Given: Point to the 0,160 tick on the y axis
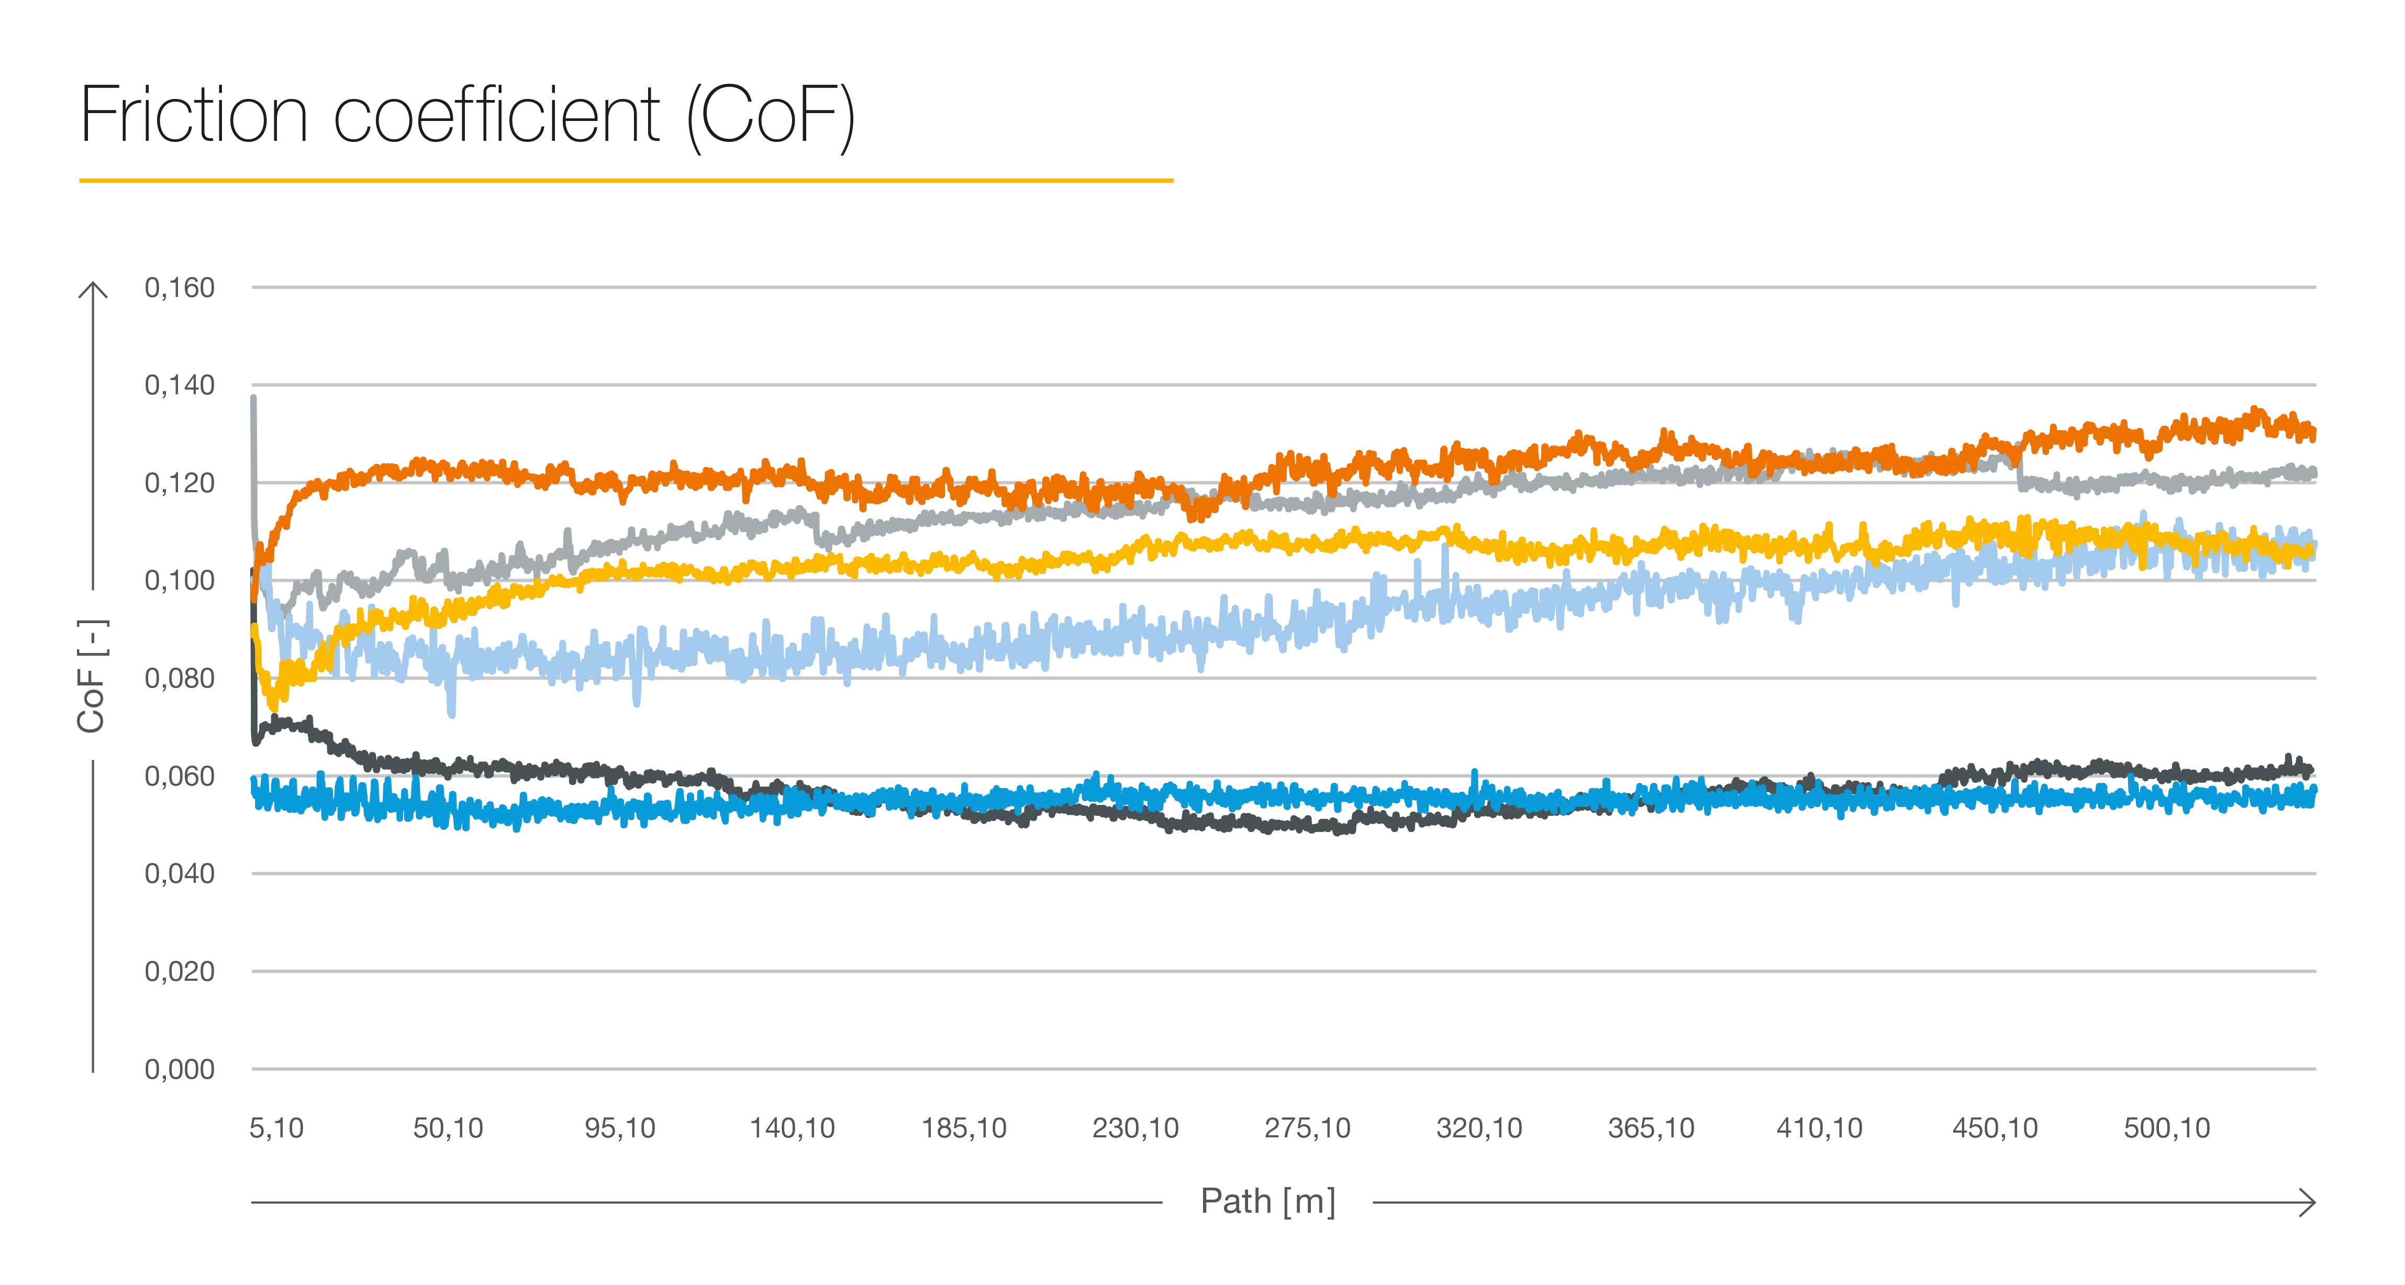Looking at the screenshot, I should (180, 287).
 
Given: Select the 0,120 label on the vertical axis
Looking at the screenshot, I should (180, 483).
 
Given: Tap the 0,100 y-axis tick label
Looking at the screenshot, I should (180, 580).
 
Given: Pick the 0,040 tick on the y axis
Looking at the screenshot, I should (180, 873).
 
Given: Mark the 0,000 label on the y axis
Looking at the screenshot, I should (180, 1068).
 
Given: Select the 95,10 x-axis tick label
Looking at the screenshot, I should (620, 1128).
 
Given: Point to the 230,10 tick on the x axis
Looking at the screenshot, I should (1137, 1128).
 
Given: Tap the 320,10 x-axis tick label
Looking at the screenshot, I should (1480, 1128).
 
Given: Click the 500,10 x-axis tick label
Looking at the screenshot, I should (2168, 1128).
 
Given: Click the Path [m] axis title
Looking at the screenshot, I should (1268, 1202).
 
